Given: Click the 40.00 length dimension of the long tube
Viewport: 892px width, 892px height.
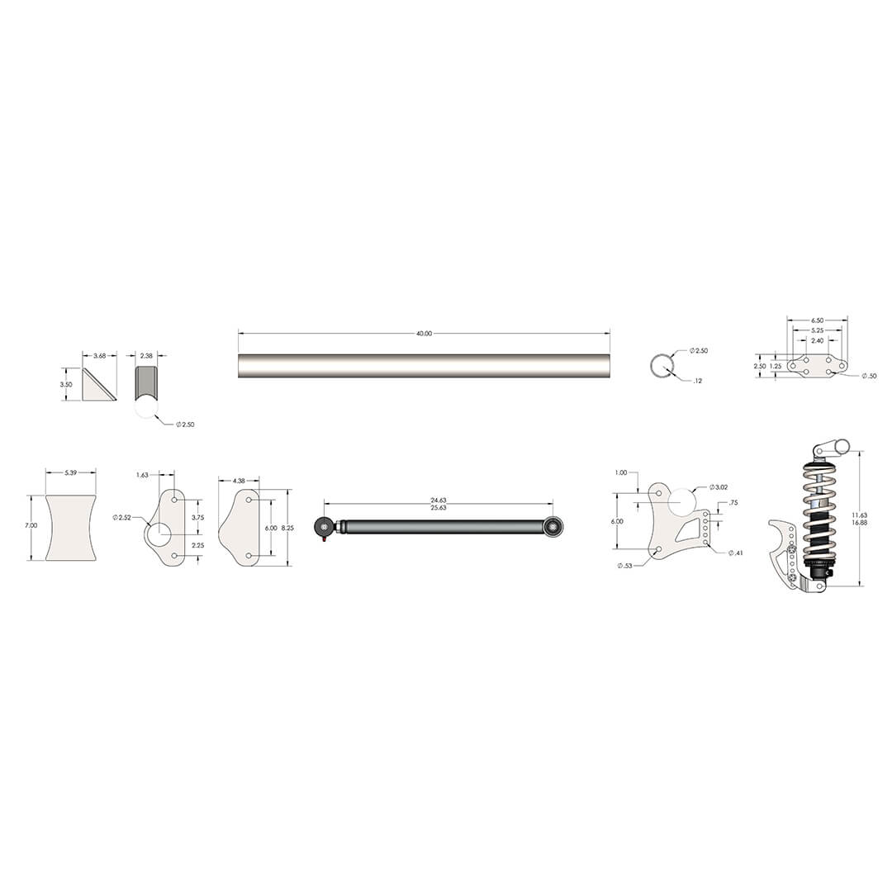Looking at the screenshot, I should pos(423,333).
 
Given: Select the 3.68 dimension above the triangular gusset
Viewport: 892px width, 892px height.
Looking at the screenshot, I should pos(99,355).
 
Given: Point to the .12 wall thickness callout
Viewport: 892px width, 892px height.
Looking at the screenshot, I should pos(697,381).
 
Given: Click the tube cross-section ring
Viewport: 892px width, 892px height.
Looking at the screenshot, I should pos(661,366).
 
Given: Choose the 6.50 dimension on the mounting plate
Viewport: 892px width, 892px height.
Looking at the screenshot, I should pos(817,320).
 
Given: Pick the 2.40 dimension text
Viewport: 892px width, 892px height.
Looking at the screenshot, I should pos(817,339).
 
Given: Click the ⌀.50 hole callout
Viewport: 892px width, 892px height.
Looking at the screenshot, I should pos(869,376).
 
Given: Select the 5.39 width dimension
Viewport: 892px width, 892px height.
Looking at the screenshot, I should pos(70,472).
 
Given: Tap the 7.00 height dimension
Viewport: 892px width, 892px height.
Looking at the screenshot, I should pos(31,525).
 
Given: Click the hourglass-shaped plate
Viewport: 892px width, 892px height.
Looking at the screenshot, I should pos(70,528).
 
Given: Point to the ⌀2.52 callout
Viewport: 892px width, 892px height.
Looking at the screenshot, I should pos(121,517).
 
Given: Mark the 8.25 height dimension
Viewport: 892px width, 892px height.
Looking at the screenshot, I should pos(287,526).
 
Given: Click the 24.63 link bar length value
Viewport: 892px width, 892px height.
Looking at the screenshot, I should pos(438,500).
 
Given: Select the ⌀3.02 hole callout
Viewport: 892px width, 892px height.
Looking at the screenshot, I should pos(718,487).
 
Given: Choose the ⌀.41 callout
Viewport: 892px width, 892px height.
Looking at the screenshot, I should pos(735,553).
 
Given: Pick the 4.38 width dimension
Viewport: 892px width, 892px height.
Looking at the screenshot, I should pos(239,480).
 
